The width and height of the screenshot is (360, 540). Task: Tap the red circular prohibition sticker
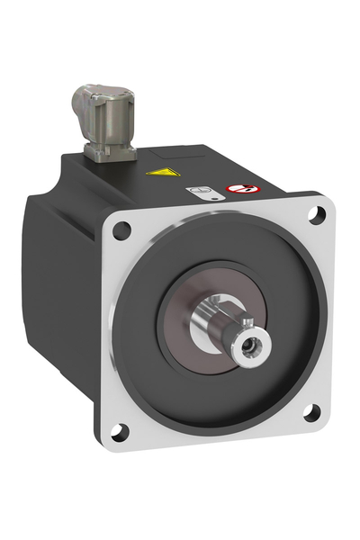240,192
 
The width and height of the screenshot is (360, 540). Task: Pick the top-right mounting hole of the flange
316,213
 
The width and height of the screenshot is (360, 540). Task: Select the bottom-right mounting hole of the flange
310,413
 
